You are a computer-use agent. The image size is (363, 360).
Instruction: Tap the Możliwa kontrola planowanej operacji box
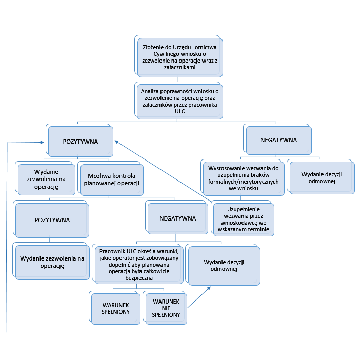[x=112, y=178]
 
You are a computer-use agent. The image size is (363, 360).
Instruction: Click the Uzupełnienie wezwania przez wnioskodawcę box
[x=244, y=219]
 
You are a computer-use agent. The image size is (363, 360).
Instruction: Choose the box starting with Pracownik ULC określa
[x=138, y=264]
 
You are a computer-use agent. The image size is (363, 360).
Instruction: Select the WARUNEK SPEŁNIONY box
[x=115, y=308]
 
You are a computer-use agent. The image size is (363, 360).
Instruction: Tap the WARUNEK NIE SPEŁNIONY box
[x=166, y=309]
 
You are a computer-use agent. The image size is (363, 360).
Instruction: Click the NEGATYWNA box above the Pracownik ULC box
[x=177, y=218]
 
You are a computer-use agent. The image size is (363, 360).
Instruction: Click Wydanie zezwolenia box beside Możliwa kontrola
[x=45, y=179]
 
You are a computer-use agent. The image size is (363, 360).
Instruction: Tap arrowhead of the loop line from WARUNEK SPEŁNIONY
[x=44, y=141]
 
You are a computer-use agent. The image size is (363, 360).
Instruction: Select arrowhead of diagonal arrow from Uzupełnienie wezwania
[x=116, y=141]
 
